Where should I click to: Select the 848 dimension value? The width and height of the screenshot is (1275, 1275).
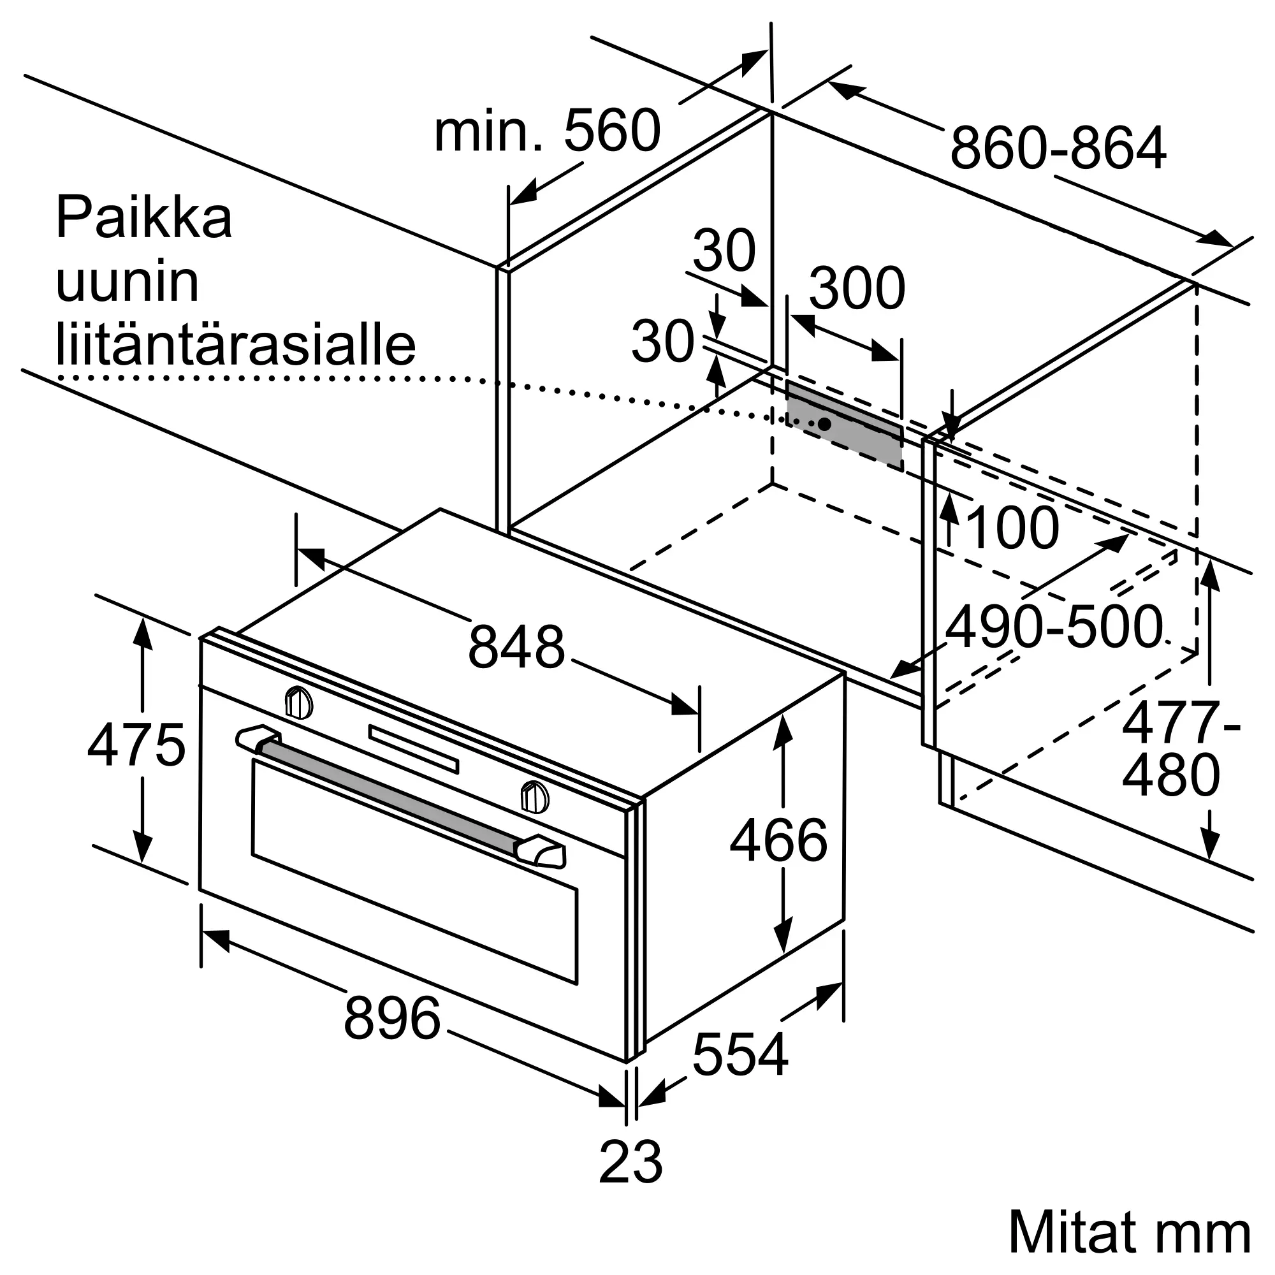click(517, 646)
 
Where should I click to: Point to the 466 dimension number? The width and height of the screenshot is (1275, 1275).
click(779, 840)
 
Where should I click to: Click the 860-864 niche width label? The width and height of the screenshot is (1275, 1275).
click(1058, 149)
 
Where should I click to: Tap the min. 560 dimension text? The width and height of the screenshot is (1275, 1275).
click(547, 131)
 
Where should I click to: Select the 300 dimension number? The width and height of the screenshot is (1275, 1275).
click(857, 288)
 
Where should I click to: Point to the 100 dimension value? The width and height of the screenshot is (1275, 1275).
click(1012, 528)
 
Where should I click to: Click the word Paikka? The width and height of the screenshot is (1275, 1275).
click(144, 218)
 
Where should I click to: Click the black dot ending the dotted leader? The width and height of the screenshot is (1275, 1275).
click(824, 424)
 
